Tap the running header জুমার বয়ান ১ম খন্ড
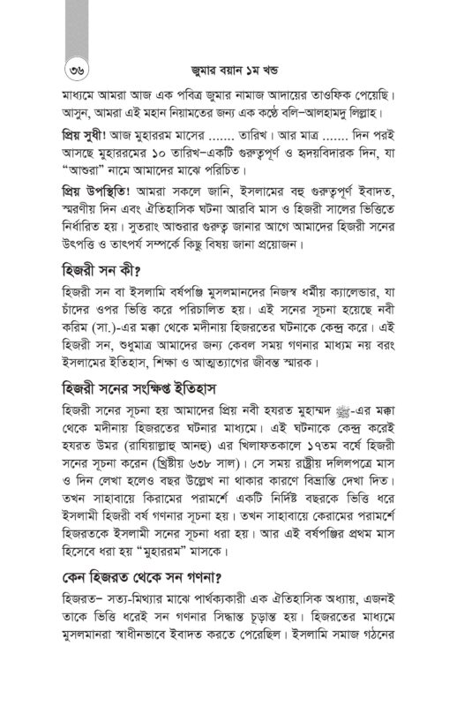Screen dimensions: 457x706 click(x=228, y=67)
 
